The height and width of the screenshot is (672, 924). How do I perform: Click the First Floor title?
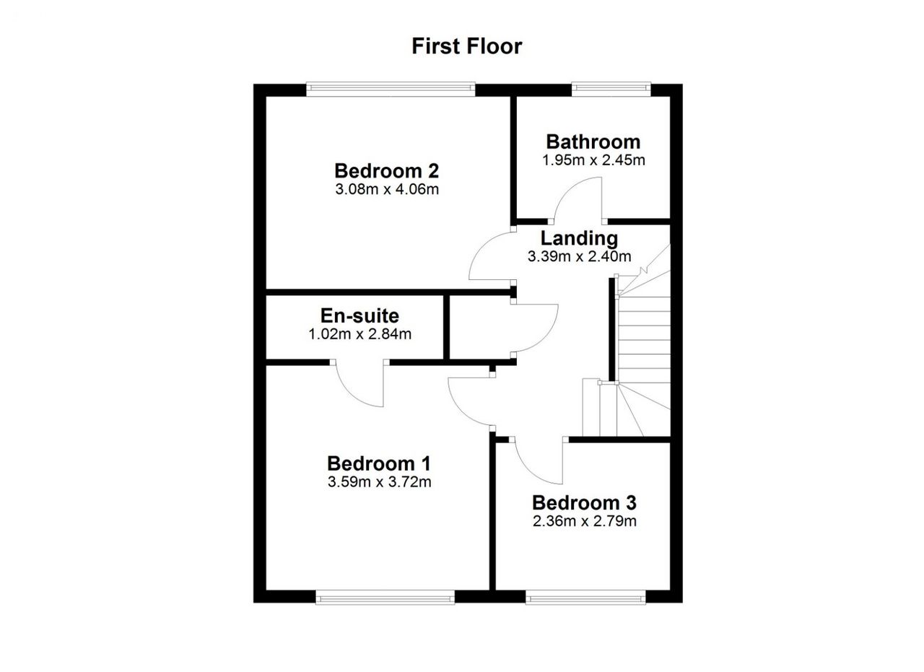(x=466, y=46)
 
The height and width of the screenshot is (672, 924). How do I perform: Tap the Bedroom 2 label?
(x=386, y=171)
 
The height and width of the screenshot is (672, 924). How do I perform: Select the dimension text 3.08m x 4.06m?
(x=387, y=189)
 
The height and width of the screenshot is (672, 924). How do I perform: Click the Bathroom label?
(x=593, y=142)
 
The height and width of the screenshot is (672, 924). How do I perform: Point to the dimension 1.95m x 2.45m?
(x=593, y=160)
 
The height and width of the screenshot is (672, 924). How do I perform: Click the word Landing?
(x=579, y=238)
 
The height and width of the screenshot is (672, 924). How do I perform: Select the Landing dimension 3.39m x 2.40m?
(x=579, y=256)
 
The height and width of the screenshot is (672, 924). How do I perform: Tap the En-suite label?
(x=359, y=316)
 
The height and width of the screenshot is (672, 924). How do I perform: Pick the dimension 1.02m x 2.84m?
(x=359, y=334)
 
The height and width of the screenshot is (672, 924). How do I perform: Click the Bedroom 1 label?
(x=379, y=463)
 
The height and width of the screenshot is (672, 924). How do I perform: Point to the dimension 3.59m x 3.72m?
(x=380, y=482)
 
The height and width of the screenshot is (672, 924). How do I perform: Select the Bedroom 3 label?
(x=584, y=503)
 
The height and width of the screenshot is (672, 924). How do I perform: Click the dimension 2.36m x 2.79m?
(x=585, y=521)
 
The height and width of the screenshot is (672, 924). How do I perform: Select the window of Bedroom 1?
(x=385, y=598)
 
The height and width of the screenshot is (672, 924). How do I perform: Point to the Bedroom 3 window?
(x=585, y=598)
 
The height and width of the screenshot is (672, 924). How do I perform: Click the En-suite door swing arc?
(x=351, y=393)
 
